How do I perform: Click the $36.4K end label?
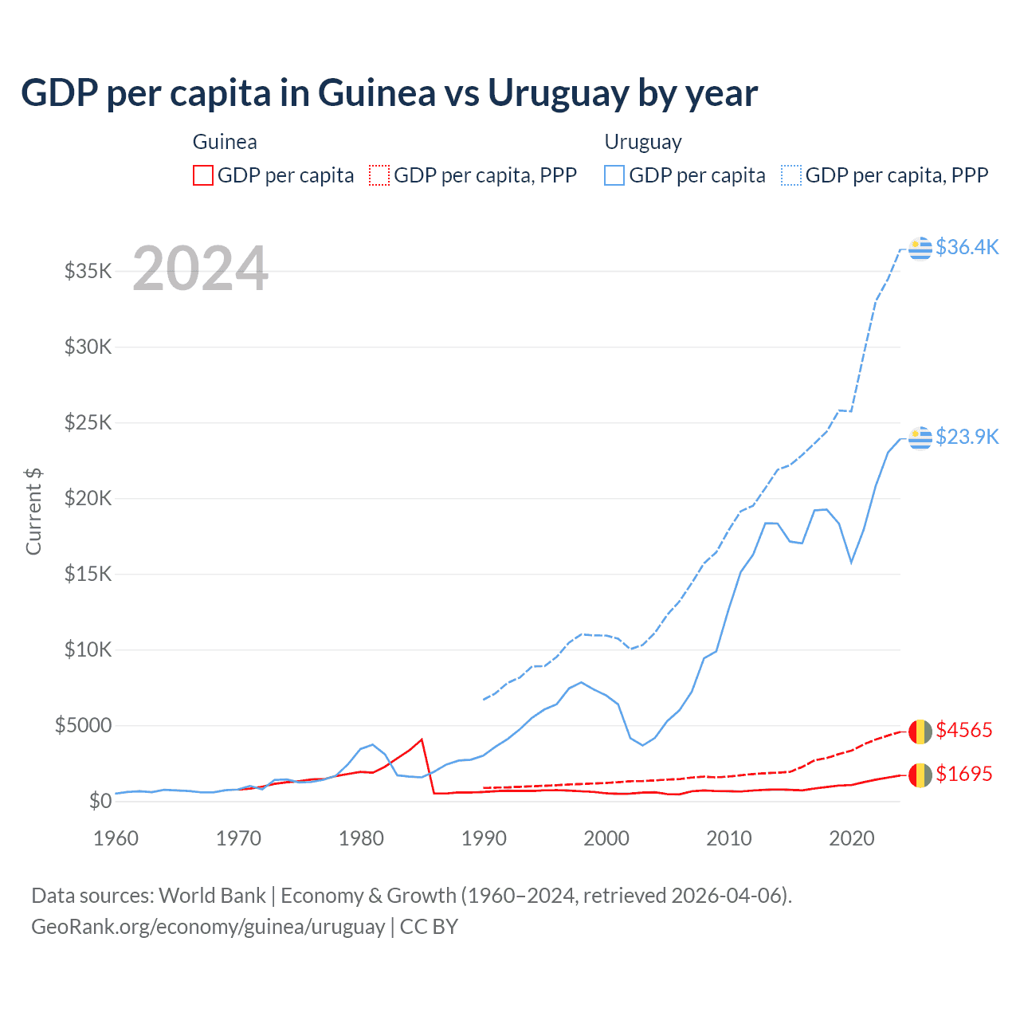click(967, 247)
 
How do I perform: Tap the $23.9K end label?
click(967, 437)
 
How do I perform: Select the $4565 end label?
click(963, 730)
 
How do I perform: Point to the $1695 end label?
click(963, 774)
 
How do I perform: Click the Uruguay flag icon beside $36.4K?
click(920, 248)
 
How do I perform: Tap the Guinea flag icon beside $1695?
click(920, 775)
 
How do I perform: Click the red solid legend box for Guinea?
click(203, 175)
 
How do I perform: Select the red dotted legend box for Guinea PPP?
click(379, 175)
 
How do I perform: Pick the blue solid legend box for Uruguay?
click(614, 175)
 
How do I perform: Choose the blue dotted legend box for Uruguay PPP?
click(791, 175)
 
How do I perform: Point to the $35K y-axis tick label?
click(88, 271)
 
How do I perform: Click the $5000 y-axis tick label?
click(84, 725)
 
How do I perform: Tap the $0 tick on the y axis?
click(100, 801)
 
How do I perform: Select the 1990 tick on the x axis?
click(484, 838)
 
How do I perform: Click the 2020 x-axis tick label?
click(852, 838)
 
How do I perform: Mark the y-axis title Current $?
click(33, 512)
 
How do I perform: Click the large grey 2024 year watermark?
click(200, 269)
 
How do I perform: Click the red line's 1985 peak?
click(422, 739)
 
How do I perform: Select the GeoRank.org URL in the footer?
click(208, 927)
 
